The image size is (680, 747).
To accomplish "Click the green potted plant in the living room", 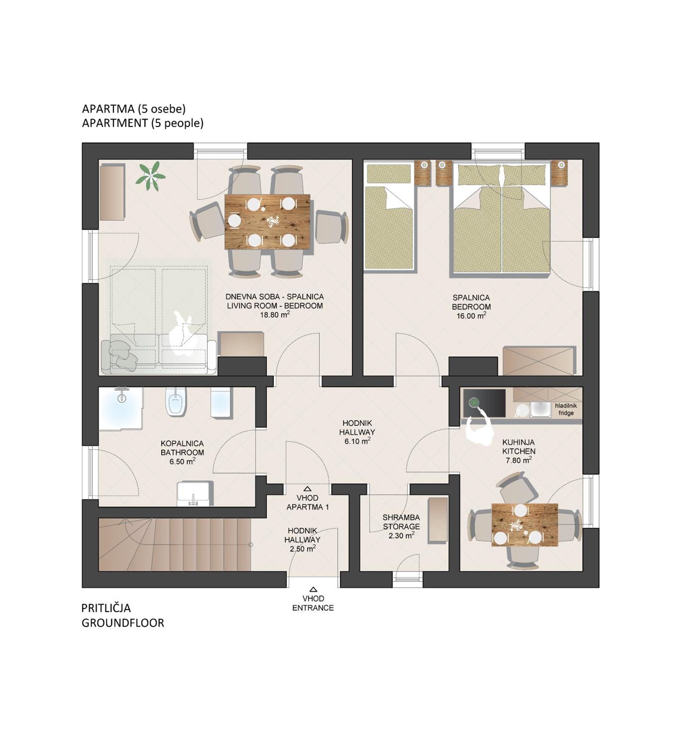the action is tap(150, 176).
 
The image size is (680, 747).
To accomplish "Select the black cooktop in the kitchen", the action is tap(484, 403).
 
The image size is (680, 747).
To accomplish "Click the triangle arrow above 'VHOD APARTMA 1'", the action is tap(307, 489).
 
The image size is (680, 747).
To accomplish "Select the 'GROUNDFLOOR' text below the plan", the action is tap(123, 623).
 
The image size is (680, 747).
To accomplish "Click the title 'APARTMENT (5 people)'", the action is tap(143, 123).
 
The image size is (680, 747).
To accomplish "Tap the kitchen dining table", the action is tap(524, 525).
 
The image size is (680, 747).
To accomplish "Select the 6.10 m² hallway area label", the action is tap(357, 441).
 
